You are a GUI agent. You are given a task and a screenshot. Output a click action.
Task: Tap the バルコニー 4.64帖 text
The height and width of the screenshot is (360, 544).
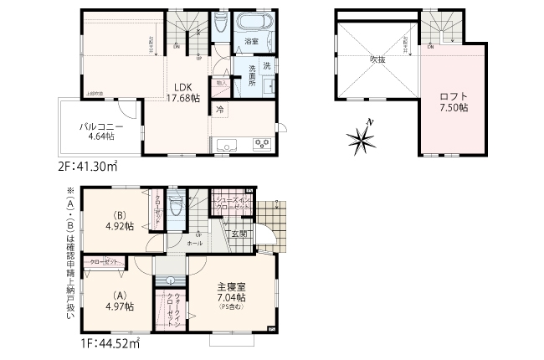97,130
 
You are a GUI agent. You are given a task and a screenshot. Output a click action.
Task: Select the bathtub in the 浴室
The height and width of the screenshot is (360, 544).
250,23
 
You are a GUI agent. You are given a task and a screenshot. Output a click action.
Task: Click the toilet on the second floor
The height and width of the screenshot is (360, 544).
220,23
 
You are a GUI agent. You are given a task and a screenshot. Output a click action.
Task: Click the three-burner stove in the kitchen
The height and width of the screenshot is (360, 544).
261,146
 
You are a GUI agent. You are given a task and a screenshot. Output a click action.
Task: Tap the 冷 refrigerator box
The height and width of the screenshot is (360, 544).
219,109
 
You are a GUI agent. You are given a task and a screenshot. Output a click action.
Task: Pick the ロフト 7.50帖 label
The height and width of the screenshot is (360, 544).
453,101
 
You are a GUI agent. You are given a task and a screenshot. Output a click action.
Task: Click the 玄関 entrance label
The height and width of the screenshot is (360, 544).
238,234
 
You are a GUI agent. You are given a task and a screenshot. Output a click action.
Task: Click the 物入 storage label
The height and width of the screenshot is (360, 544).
221,83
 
